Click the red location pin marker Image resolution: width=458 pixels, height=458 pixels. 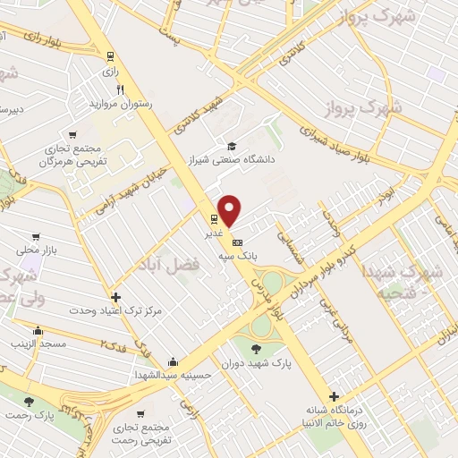tap(230, 209)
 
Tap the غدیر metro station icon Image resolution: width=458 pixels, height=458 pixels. tap(215, 218)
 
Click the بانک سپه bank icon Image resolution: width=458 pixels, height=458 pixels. tap(237, 242)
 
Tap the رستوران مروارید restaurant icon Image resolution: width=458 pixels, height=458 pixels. tap(121, 90)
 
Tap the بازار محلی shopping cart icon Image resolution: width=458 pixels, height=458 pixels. tap(35, 238)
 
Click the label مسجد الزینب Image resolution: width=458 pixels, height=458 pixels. tap(33, 343)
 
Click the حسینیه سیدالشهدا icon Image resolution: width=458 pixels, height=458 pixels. tap(172, 362)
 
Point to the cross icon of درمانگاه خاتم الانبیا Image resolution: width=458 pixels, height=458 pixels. tap(334, 396)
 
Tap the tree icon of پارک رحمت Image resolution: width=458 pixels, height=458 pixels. tap(29, 402)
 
